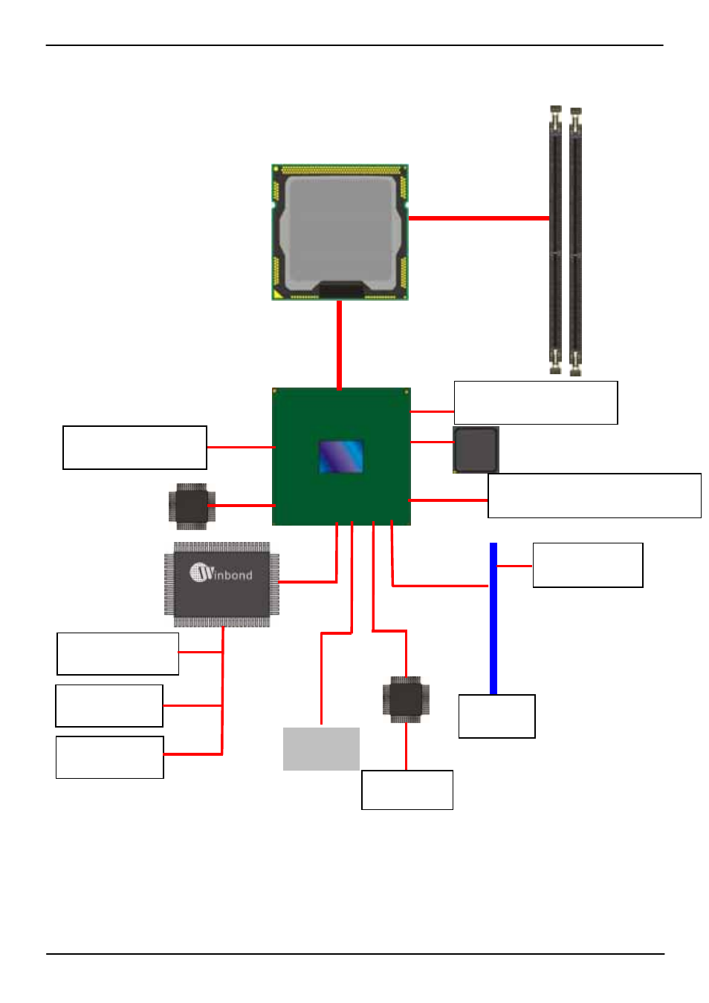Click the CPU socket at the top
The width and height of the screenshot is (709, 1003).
click(x=340, y=232)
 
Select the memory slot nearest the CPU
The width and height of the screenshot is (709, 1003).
click(x=555, y=239)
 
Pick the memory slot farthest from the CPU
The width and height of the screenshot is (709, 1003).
click(x=575, y=241)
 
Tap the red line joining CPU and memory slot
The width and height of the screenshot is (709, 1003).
click(x=479, y=218)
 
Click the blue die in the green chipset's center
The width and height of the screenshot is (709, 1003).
click(x=341, y=457)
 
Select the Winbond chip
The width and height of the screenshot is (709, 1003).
click(x=221, y=584)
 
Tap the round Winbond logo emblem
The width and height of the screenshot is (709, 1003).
click(x=201, y=572)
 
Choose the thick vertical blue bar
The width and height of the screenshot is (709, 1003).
click(x=493, y=618)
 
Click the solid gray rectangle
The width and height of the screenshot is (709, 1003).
click(x=321, y=748)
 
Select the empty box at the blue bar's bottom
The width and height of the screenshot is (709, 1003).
click(x=496, y=716)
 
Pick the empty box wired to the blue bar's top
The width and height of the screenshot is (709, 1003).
click(x=587, y=565)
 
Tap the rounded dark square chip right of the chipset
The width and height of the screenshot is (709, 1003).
click(x=476, y=449)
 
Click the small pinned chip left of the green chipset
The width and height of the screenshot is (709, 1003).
click(x=191, y=506)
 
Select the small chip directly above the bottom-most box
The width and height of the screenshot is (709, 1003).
click(x=406, y=699)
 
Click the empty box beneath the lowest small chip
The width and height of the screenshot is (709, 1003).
click(x=407, y=790)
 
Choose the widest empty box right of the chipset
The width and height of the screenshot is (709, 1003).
click(x=594, y=495)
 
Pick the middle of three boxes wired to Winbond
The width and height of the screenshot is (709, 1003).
click(x=109, y=705)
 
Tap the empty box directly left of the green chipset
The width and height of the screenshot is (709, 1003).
click(x=135, y=448)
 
